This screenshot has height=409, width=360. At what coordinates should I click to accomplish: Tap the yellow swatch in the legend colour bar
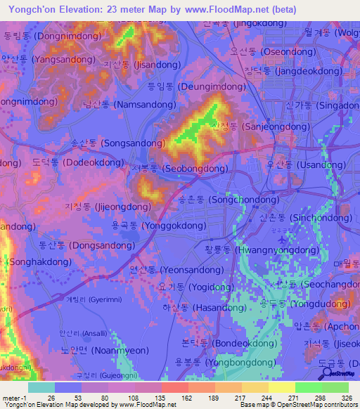pos(281,387)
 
